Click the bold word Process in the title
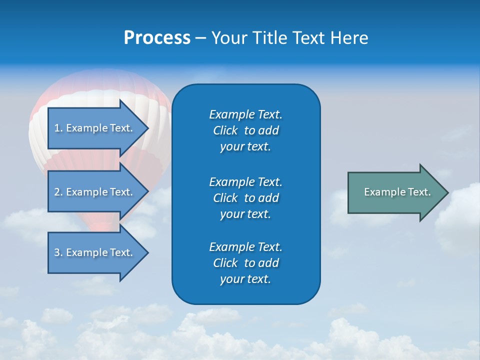(x=157, y=38)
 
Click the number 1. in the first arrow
(x=58, y=128)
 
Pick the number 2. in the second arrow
(x=58, y=192)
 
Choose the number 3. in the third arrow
(x=58, y=252)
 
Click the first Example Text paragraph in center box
(x=245, y=130)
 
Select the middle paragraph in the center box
(x=245, y=198)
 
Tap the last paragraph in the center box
(x=245, y=263)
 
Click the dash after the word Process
(x=200, y=38)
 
